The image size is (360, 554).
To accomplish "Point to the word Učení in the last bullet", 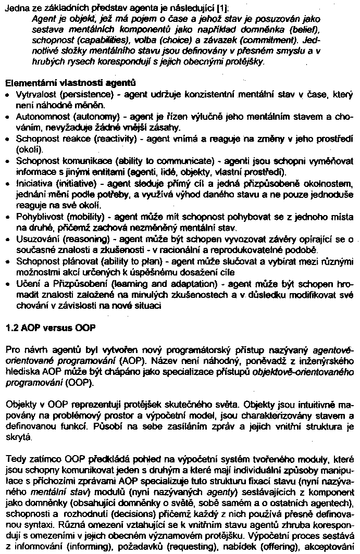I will click(x=27, y=283).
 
